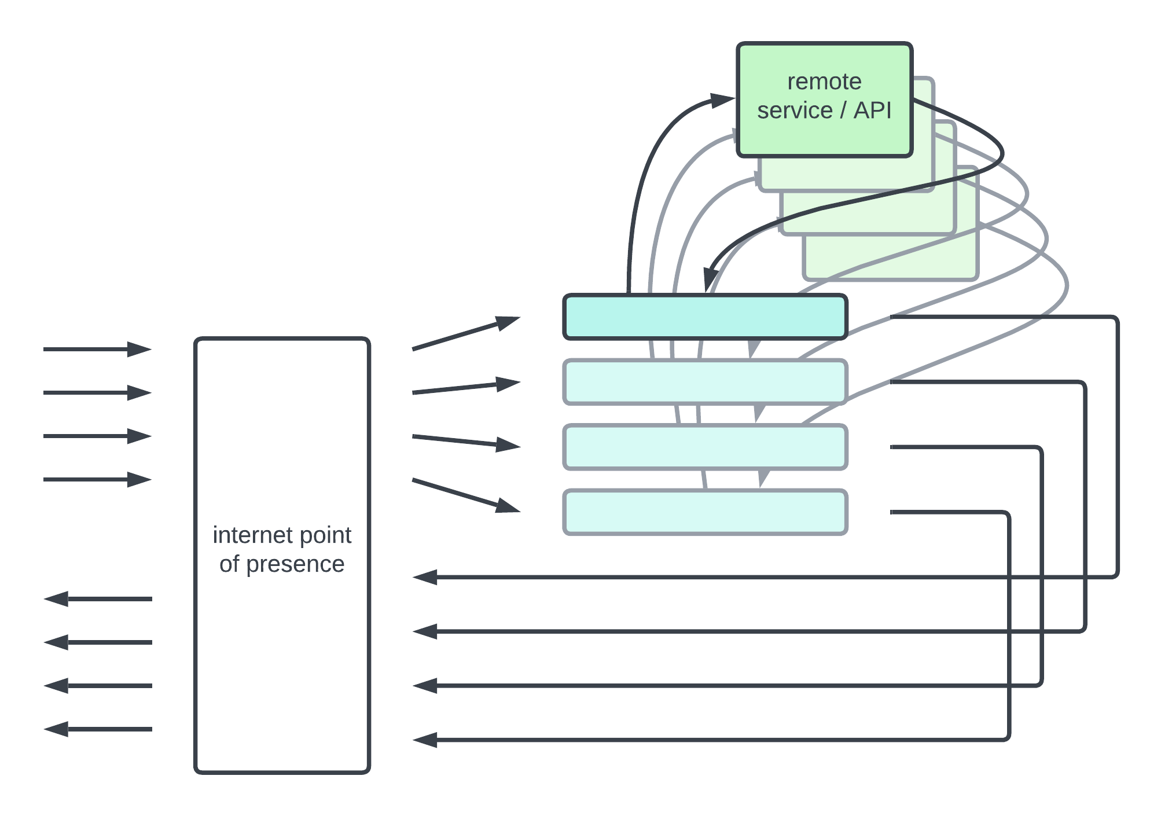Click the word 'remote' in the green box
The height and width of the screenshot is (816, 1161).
click(x=824, y=82)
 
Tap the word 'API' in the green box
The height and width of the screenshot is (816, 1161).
click(x=873, y=111)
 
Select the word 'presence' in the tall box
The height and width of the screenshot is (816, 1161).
click(x=295, y=564)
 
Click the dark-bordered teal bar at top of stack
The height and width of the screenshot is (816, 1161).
click(x=705, y=317)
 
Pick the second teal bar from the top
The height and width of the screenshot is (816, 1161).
click(x=705, y=382)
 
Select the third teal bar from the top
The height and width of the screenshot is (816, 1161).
click(x=705, y=447)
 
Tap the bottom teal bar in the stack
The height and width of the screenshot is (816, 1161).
click(x=705, y=512)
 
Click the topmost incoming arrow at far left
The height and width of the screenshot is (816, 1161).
click(x=97, y=349)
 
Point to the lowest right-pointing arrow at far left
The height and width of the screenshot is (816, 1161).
click(x=97, y=479)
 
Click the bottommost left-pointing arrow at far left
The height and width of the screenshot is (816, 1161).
click(x=97, y=729)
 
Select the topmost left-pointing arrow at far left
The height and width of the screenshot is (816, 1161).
click(x=97, y=599)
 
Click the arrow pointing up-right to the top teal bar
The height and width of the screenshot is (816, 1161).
click(x=466, y=333)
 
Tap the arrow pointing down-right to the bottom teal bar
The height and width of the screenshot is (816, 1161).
click(x=466, y=495)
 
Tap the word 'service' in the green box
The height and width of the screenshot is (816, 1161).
click(x=795, y=111)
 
